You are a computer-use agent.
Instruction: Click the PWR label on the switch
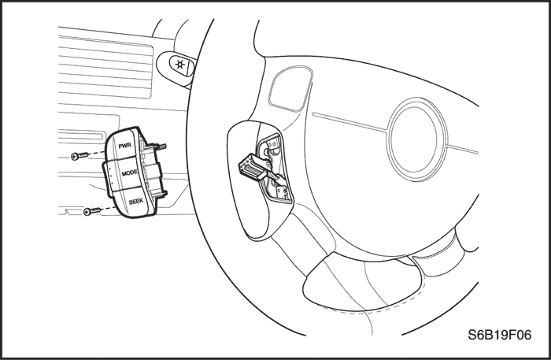click(124, 146)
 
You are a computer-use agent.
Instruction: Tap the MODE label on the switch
click(130, 173)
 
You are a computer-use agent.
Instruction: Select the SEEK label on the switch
click(136, 202)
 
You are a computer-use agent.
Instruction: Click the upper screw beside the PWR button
click(80, 156)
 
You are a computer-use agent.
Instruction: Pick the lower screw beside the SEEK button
click(92, 211)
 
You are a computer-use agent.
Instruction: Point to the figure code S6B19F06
click(499, 335)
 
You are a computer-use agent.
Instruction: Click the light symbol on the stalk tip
click(180, 65)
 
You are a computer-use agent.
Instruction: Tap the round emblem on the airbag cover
click(416, 139)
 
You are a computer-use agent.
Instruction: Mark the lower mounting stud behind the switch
click(164, 193)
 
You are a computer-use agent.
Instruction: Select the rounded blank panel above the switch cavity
click(290, 88)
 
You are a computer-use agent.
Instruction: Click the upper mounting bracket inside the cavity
click(272, 147)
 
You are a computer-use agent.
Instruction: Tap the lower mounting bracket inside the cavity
click(280, 190)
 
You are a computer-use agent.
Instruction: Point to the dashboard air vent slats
click(105, 67)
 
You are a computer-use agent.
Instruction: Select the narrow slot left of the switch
click(83, 134)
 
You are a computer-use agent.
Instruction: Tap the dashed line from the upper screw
click(97, 154)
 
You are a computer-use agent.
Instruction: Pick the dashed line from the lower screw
click(109, 209)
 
